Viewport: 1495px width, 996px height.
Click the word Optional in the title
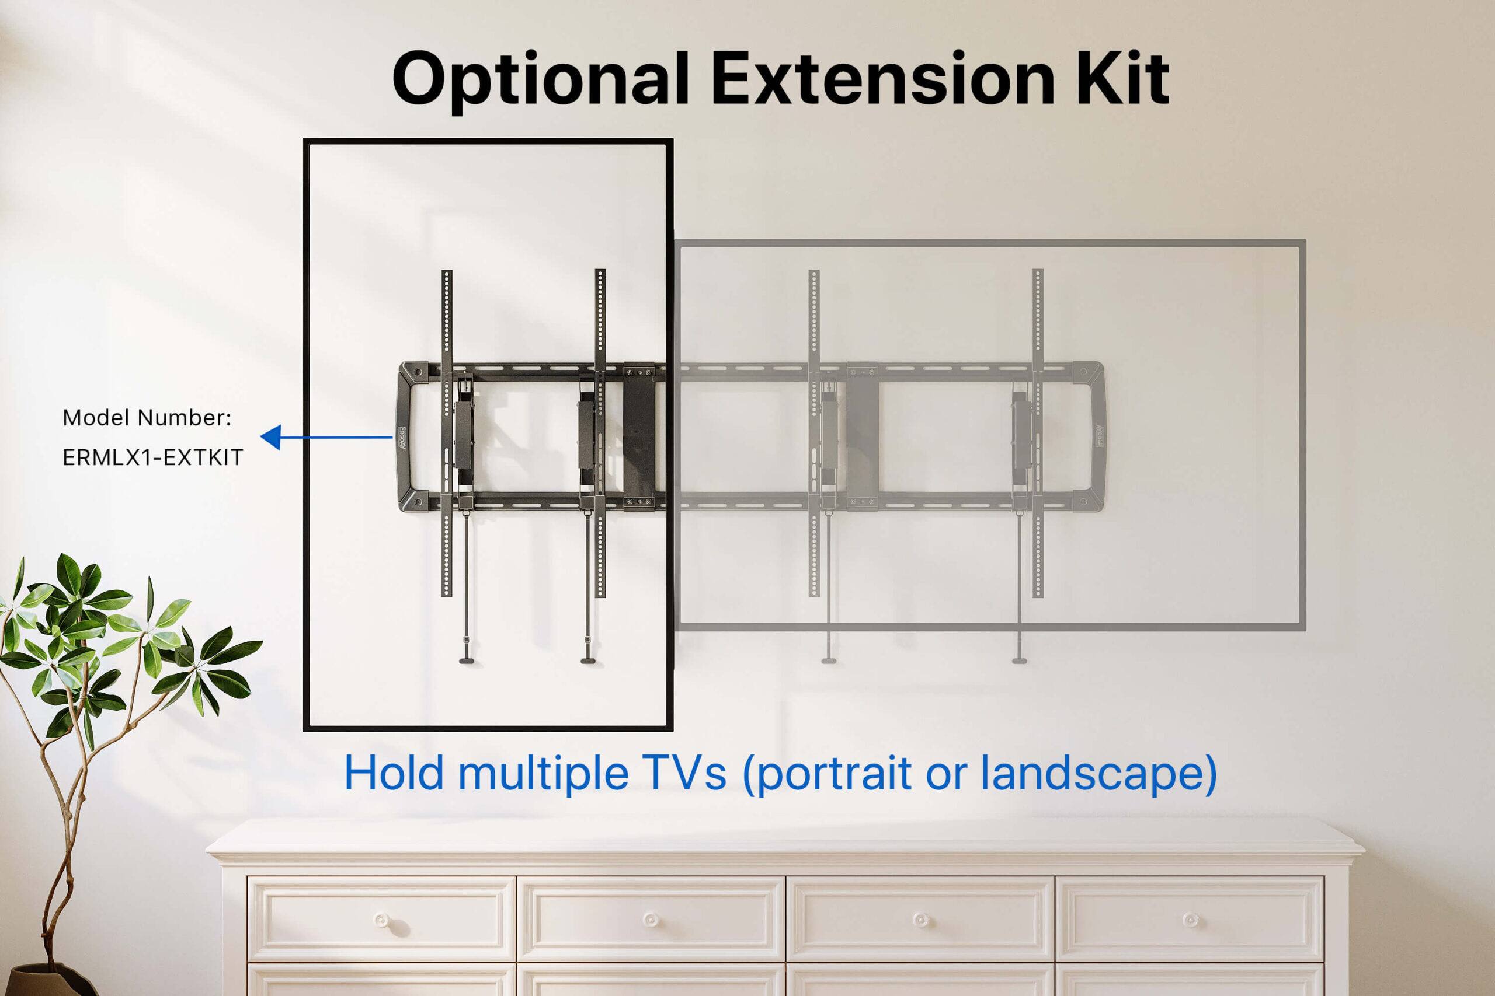540,79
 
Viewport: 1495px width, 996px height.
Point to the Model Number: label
147,418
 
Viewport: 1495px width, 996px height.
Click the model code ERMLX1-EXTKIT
152,457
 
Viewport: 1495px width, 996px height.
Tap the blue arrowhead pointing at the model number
272,437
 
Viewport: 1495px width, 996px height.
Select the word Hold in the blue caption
394,773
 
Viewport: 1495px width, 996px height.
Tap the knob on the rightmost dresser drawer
1191,920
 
